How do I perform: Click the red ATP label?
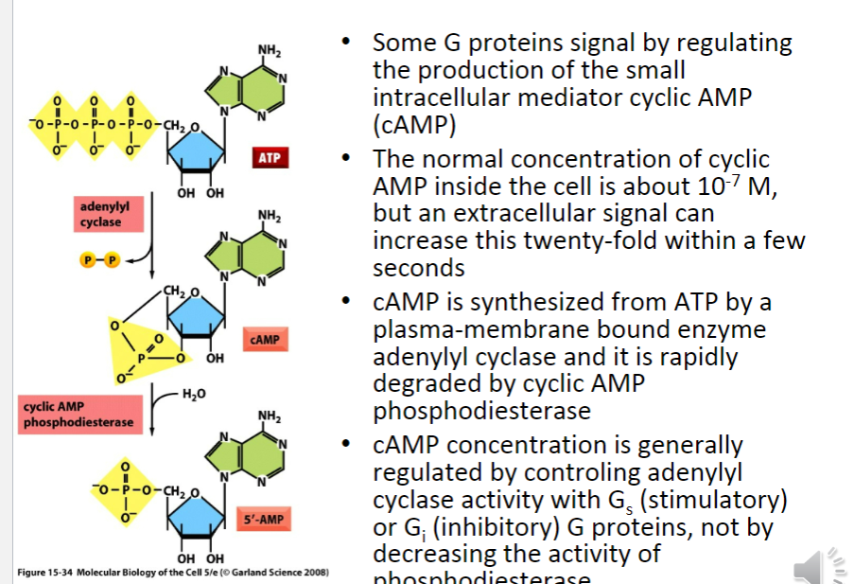(269, 158)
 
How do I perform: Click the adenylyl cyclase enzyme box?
(104, 213)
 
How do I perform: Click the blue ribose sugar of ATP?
(196, 150)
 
